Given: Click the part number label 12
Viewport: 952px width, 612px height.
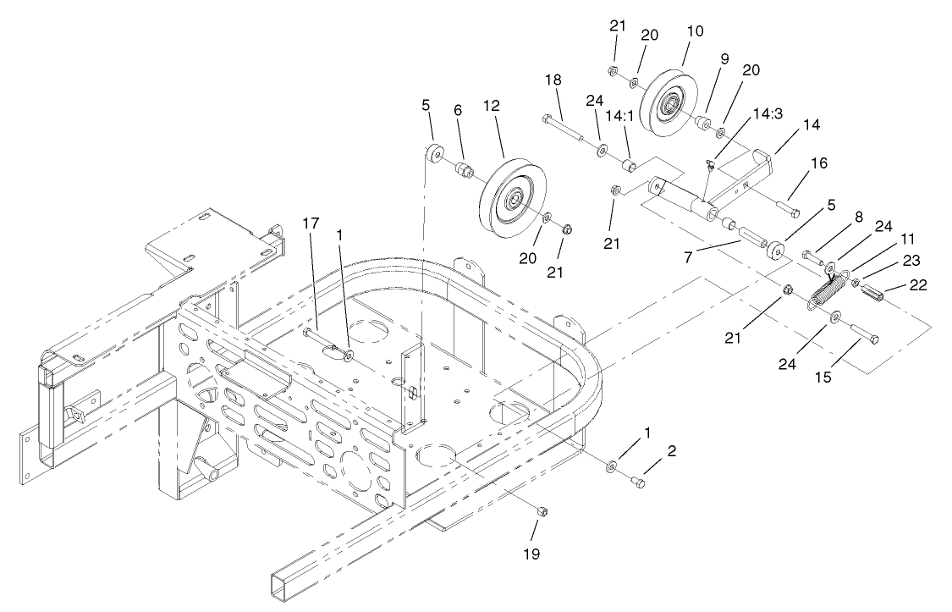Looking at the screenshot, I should click(x=492, y=106).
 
